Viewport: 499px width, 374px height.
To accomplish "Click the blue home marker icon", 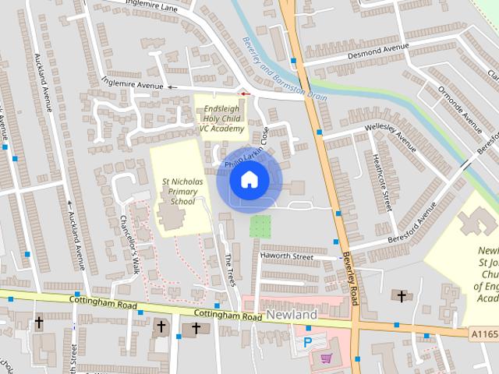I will (x=249, y=180).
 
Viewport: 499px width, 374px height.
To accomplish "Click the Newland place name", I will (x=292, y=315).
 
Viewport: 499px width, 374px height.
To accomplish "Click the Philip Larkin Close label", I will (x=247, y=148).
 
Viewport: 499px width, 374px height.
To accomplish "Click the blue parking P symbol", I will (x=307, y=341).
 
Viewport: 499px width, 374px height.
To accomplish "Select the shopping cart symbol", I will (x=326, y=358).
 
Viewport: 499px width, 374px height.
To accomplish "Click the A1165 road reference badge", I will (x=484, y=334).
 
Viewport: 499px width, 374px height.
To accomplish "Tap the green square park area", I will (x=260, y=227).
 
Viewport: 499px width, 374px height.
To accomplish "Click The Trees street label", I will (x=229, y=269).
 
